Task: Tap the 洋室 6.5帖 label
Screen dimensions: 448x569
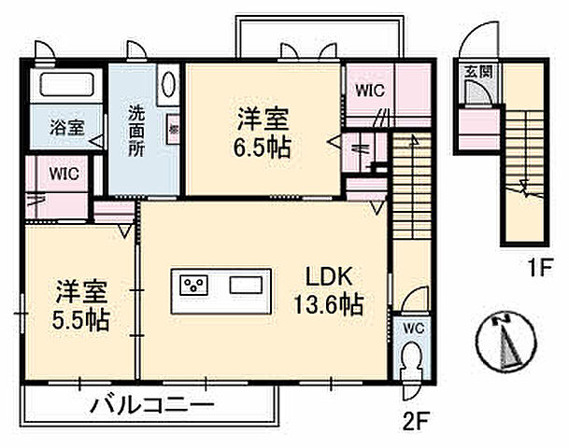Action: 262,133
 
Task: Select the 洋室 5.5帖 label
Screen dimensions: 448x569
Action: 79,305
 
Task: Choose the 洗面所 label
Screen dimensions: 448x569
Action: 136,131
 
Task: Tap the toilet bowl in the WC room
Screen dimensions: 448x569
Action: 410,361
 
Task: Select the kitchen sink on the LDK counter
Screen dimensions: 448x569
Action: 248,284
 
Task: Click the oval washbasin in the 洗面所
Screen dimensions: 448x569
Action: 168,85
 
